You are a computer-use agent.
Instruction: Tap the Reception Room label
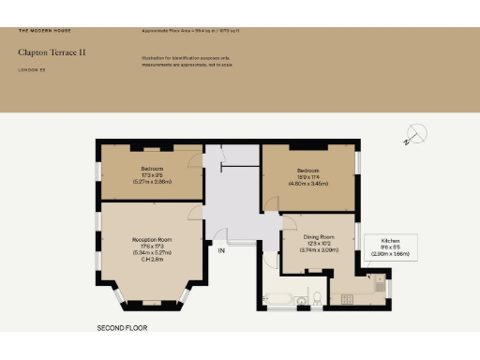point(150,240)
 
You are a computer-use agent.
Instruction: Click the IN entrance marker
point(220,251)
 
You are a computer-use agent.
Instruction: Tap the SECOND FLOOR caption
point(123,329)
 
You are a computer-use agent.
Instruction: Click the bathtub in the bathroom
point(278,299)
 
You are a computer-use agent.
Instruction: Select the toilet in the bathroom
point(318,298)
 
